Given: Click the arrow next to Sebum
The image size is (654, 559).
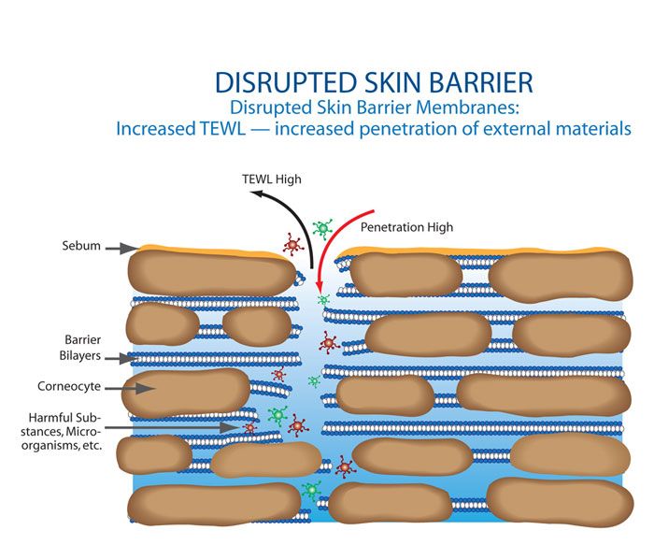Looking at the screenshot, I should click(x=121, y=248).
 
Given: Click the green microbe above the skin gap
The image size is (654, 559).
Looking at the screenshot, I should click(x=324, y=228).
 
